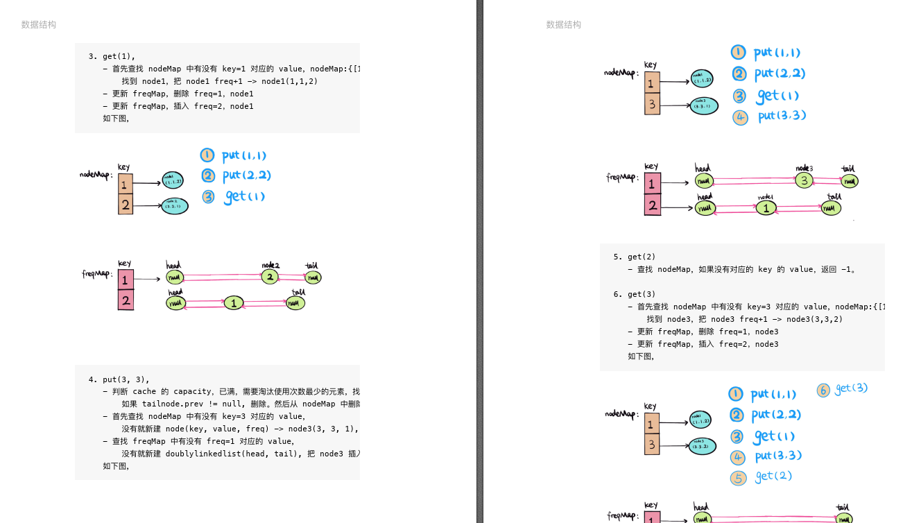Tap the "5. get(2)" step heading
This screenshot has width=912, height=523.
(634, 257)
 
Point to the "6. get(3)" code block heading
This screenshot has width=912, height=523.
(634, 294)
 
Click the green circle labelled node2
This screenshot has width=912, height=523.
(270, 277)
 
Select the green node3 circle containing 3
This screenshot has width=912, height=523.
(803, 180)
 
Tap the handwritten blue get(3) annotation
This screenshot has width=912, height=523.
(851, 388)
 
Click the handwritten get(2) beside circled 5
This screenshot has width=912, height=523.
(773, 477)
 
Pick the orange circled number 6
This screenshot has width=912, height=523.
(823, 391)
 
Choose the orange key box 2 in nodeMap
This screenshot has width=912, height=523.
(126, 205)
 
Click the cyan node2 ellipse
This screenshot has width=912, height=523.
(174, 205)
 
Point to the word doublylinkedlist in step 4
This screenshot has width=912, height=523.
(207, 454)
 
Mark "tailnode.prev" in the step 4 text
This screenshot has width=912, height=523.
(173, 404)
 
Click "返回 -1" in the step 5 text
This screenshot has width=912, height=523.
(838, 269)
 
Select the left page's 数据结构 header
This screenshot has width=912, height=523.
(39, 25)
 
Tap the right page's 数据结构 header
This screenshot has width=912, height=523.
(564, 25)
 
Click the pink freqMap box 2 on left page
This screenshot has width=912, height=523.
(126, 300)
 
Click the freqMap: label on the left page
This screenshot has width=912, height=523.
(97, 275)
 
